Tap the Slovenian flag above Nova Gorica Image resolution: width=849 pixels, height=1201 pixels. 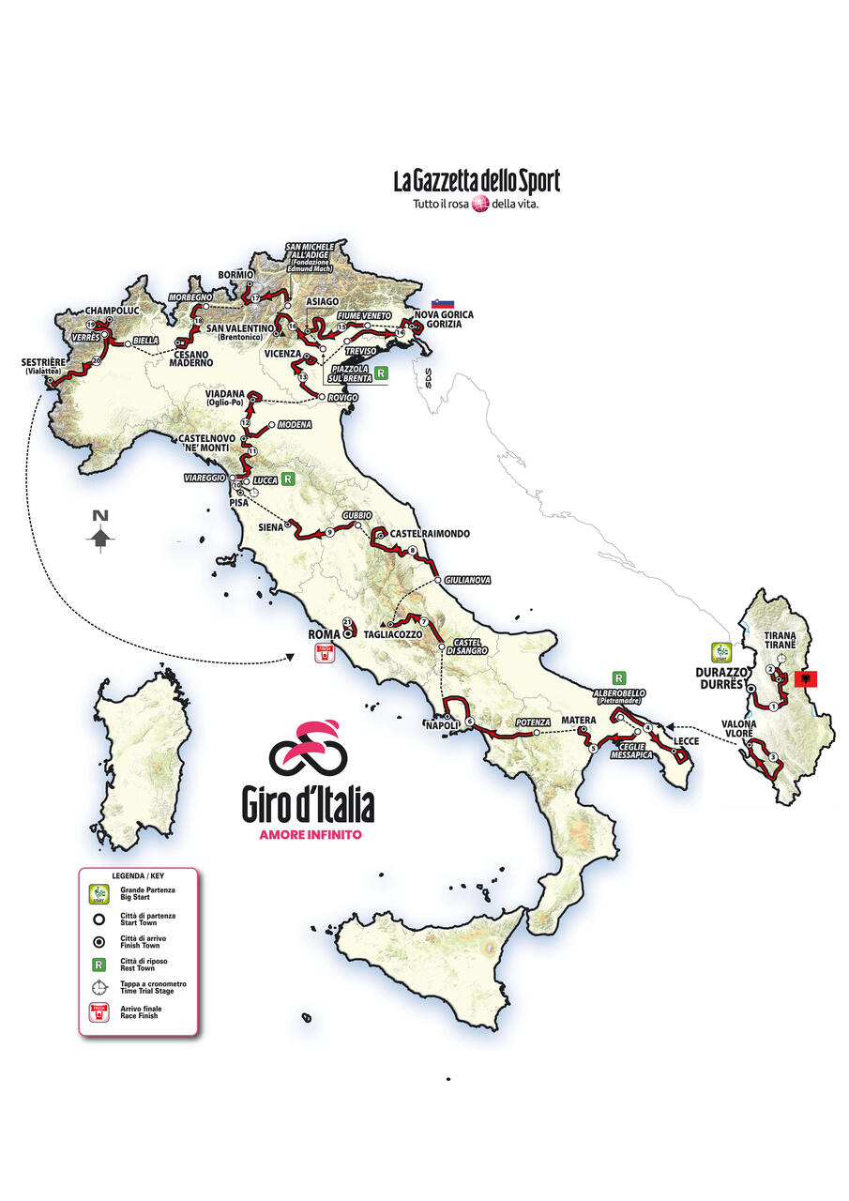pyautogui.click(x=443, y=304)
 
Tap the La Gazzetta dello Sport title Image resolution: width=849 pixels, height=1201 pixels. pyautogui.click(x=477, y=180)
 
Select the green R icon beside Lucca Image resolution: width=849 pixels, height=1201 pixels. pyautogui.click(x=289, y=479)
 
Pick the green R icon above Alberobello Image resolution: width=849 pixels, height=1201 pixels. pyautogui.click(x=618, y=677)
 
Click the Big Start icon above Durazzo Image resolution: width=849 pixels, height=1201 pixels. pyautogui.click(x=720, y=650)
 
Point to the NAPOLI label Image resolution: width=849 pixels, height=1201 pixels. pyautogui.click(x=439, y=725)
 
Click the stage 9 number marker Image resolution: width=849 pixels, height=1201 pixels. pyautogui.click(x=330, y=534)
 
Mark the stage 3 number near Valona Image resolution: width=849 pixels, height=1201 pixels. pyautogui.click(x=771, y=757)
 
